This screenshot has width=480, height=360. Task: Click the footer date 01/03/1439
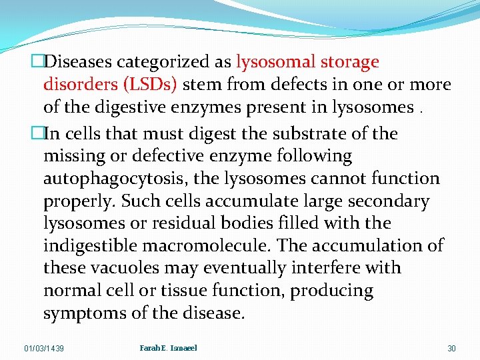pos(44,349)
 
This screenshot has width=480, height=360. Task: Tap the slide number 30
pos(451,349)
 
